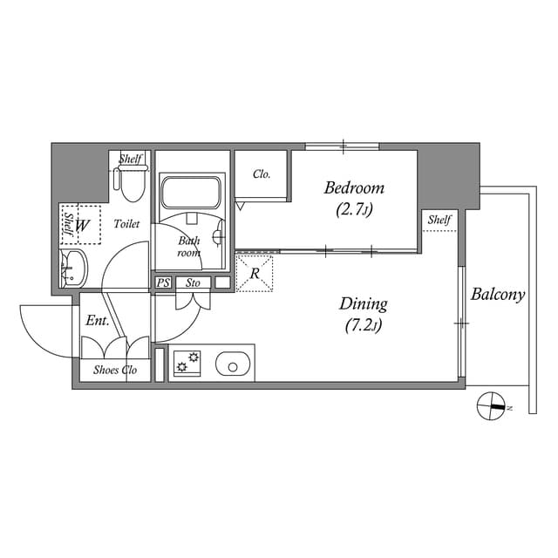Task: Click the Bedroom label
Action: pyautogui.click(x=354, y=188)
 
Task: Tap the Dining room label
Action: pyautogui.click(x=363, y=304)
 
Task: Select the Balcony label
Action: pyautogui.click(x=497, y=295)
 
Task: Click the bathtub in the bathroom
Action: pyautogui.click(x=191, y=191)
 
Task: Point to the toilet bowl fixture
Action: pyautogui.click(x=132, y=185)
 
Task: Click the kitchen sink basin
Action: pyautogui.click(x=233, y=364)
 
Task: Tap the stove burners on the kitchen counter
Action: pyautogui.click(x=187, y=362)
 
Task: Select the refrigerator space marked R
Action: pyautogui.click(x=255, y=273)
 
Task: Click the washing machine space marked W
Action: pyautogui.click(x=83, y=226)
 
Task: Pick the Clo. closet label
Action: pyautogui.click(x=262, y=174)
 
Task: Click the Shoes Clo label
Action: pyautogui.click(x=115, y=370)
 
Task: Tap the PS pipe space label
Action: pyautogui.click(x=163, y=282)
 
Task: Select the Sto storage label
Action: pyautogui.click(x=193, y=282)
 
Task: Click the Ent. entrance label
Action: pyautogui.click(x=97, y=321)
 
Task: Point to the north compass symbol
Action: pyautogui.click(x=492, y=406)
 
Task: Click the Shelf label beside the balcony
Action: pyautogui.click(x=439, y=220)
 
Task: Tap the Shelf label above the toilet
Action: pyautogui.click(x=131, y=159)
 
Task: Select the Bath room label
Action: pyautogui.click(x=189, y=247)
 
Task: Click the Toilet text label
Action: pyautogui.click(x=126, y=224)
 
